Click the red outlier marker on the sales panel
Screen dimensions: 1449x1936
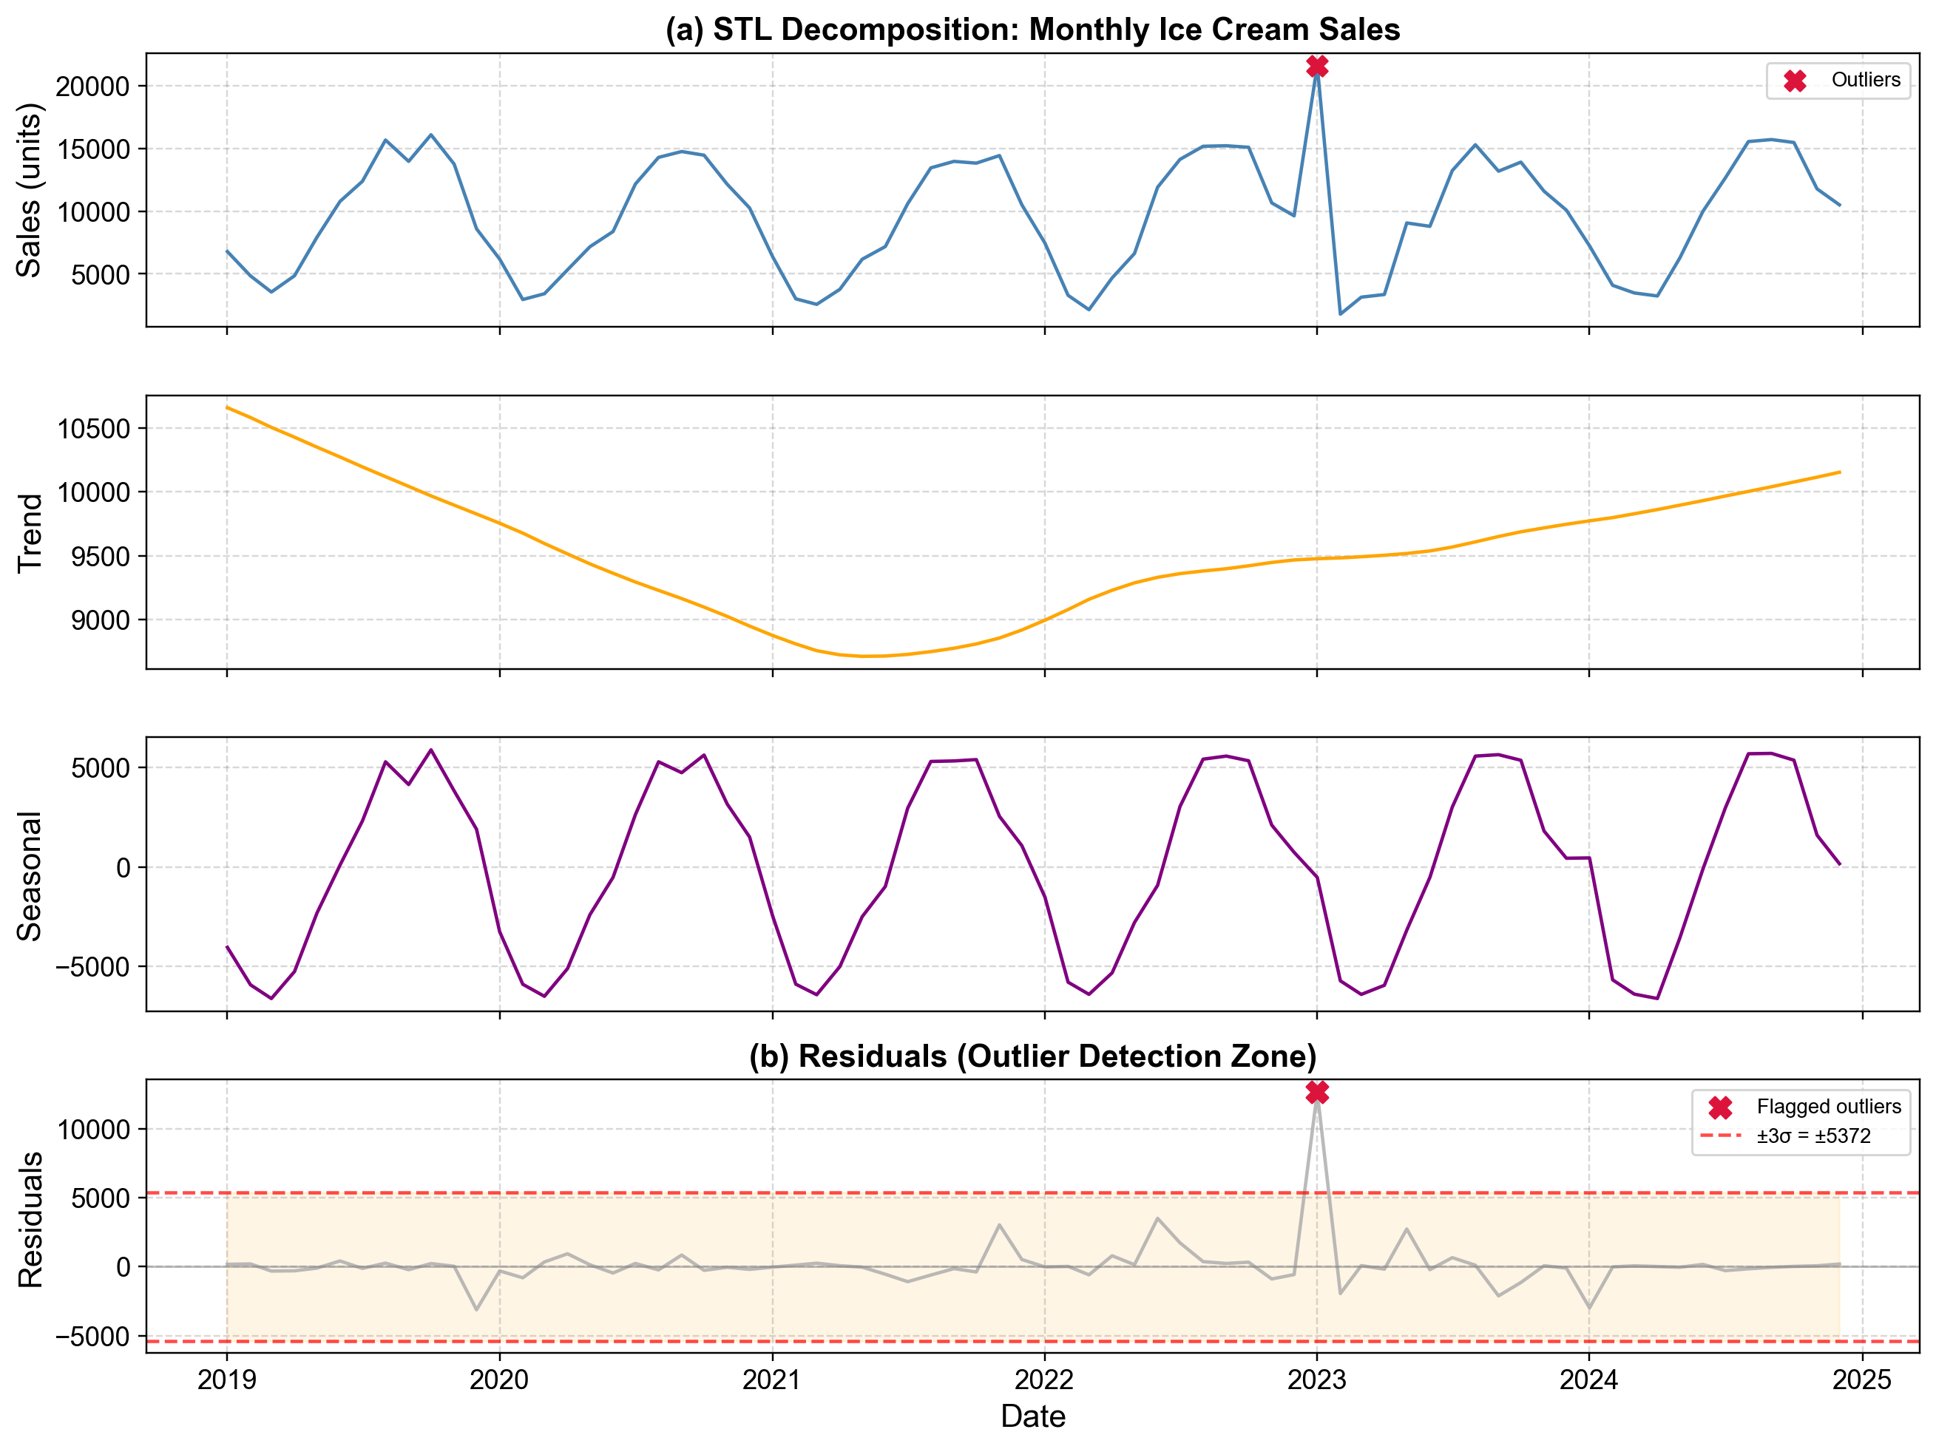click(x=1316, y=67)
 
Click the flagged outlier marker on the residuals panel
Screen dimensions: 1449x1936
click(x=1316, y=1092)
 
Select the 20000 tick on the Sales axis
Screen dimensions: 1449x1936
click(x=92, y=86)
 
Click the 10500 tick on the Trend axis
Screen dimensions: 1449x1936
click(x=92, y=429)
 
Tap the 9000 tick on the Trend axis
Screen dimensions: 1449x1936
click(x=99, y=620)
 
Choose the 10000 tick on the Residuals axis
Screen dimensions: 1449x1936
click(x=92, y=1130)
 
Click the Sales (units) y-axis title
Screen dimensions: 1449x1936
click(x=30, y=190)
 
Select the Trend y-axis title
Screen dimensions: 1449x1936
click(x=30, y=532)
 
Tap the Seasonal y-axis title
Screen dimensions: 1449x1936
click(x=30, y=875)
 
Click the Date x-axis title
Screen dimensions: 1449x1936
click(x=1033, y=1416)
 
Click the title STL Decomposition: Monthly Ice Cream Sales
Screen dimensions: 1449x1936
click(x=1033, y=30)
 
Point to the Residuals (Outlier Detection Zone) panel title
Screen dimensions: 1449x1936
click(x=1033, y=1056)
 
